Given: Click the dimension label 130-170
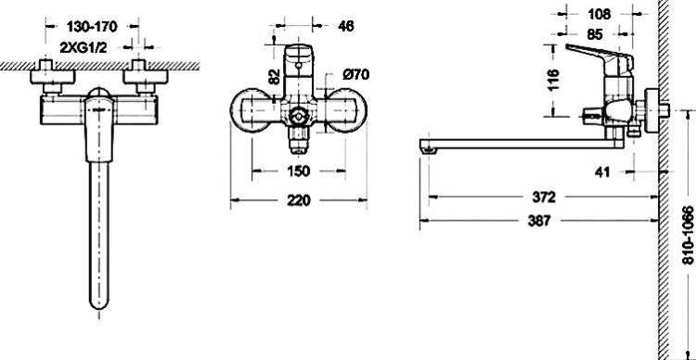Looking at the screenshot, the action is point(92,27).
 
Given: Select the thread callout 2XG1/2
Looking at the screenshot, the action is point(84,47).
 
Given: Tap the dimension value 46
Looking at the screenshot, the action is point(346,26).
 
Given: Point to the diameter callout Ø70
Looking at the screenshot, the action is point(355,74).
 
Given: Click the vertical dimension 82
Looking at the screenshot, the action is point(275,76).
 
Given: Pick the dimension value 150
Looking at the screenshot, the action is point(298,171).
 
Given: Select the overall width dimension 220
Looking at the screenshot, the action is point(298,200).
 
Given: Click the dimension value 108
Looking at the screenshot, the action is point(599,14).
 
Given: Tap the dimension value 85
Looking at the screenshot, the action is point(594,34).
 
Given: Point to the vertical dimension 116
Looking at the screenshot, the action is point(553,80).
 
